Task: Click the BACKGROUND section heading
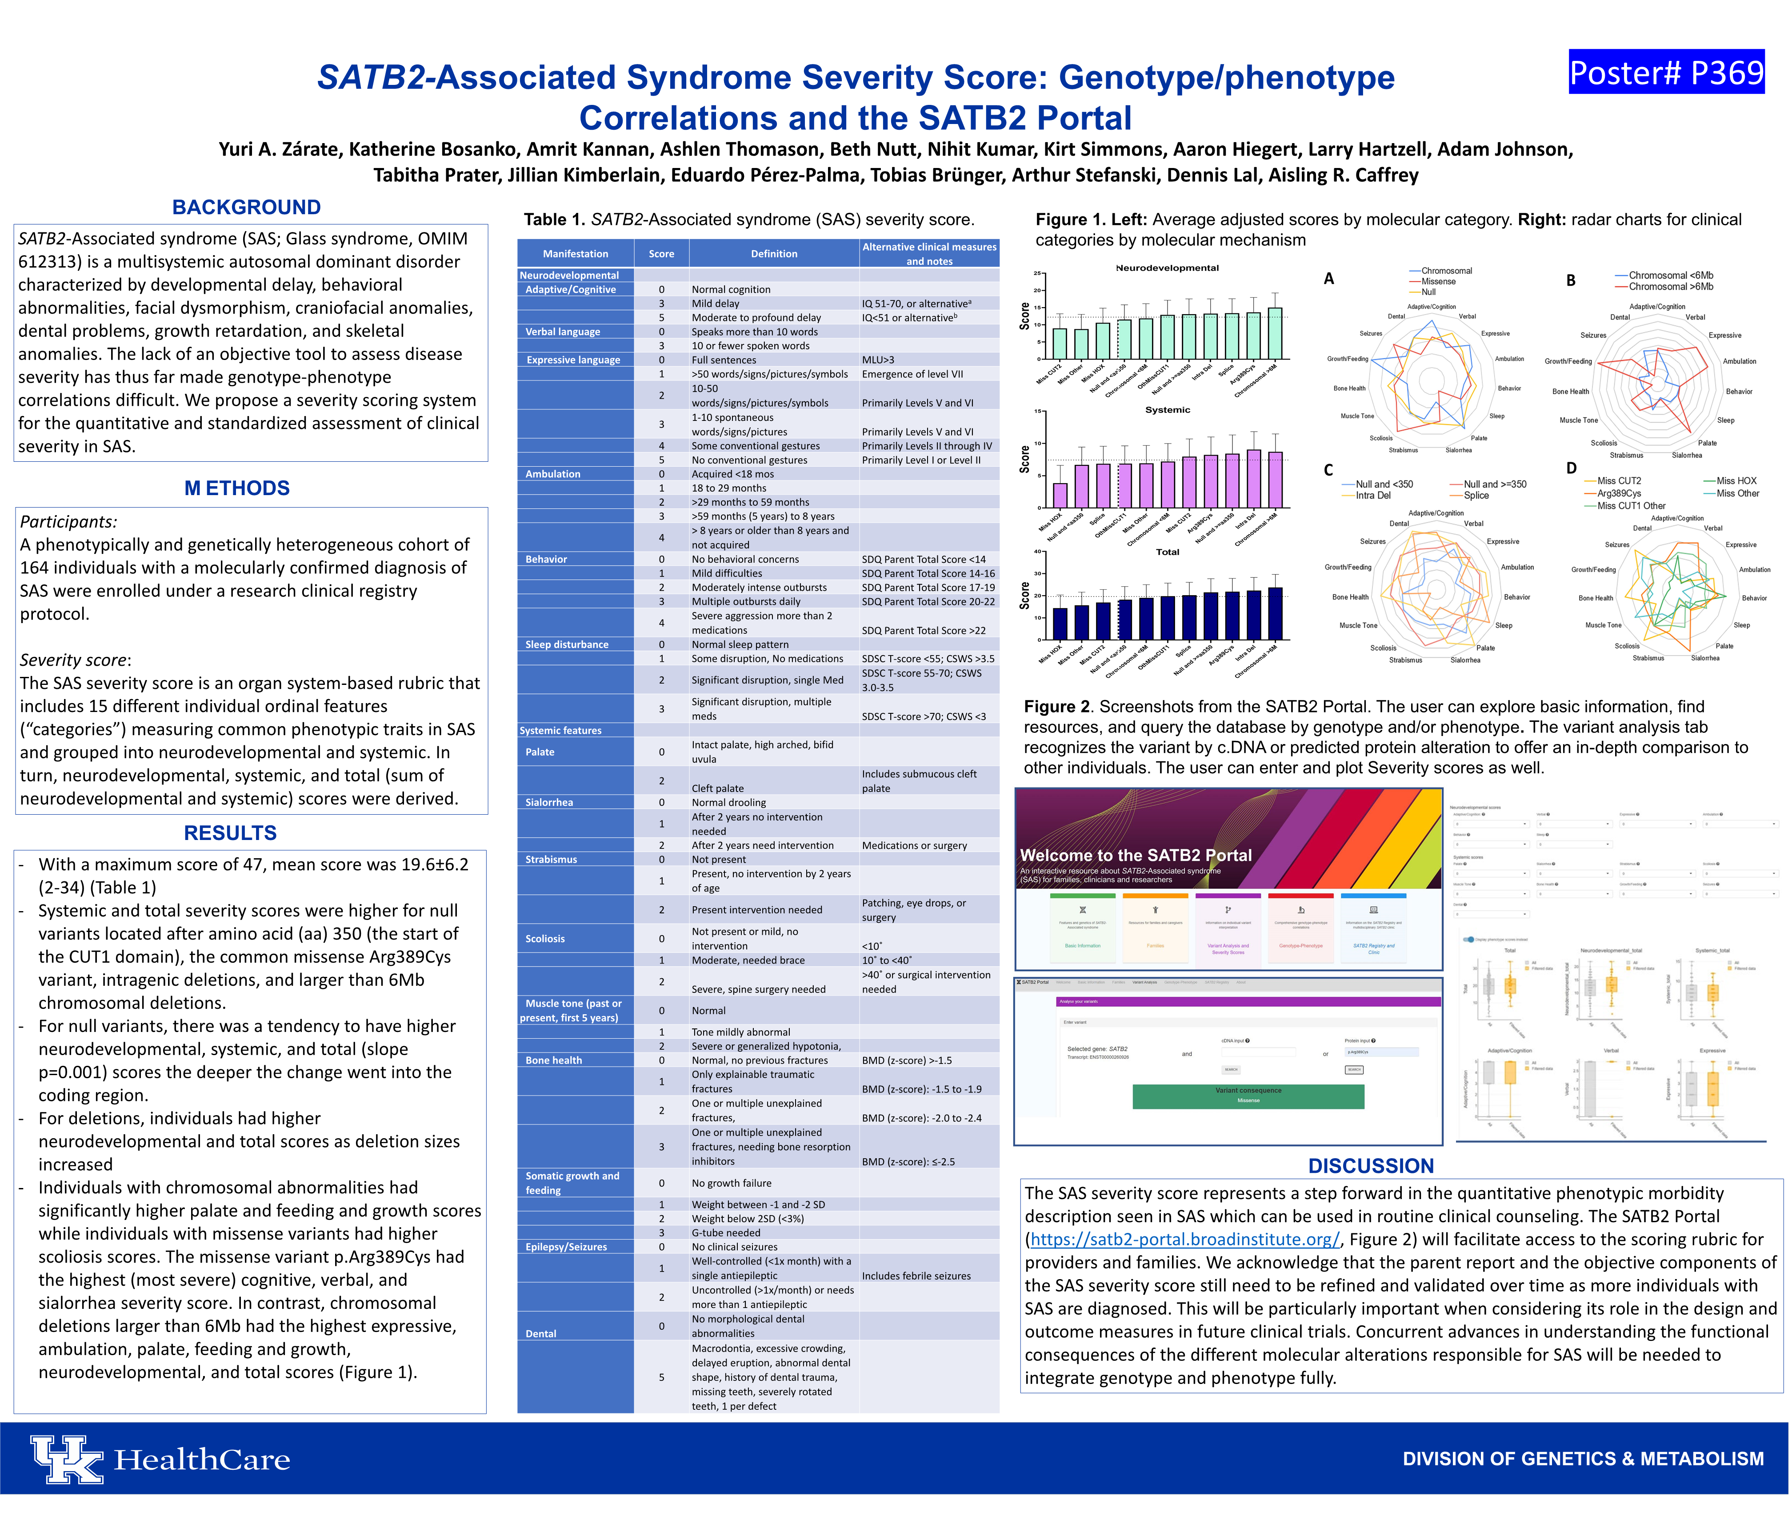click(x=247, y=208)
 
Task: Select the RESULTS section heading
click(x=230, y=833)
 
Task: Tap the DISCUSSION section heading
click(x=1371, y=1166)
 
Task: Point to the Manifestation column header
click(x=575, y=253)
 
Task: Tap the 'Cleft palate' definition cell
click(x=718, y=788)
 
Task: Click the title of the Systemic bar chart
click(x=1168, y=410)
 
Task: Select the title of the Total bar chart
click(x=1168, y=552)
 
